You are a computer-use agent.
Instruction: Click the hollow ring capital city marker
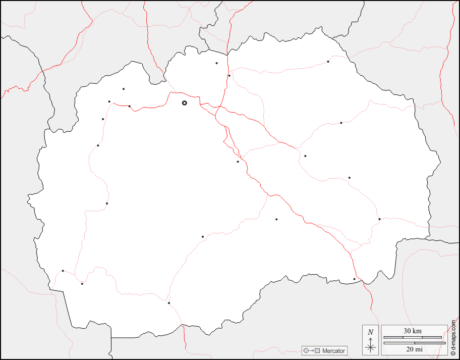point(184,102)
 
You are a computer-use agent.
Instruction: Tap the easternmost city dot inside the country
point(379,219)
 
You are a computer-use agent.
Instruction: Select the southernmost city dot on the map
point(169,303)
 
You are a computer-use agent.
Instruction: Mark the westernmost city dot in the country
point(63,271)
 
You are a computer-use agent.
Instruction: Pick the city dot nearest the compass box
point(354,279)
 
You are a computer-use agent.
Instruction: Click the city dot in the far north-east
point(328,62)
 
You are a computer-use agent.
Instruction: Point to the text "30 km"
point(413,331)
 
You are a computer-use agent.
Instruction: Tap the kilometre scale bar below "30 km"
point(413,337)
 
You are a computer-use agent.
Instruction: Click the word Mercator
point(334,350)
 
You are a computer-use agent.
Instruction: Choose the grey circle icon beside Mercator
point(305,350)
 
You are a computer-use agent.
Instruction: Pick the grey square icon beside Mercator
point(317,350)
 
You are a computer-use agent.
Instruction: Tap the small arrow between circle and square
point(311,350)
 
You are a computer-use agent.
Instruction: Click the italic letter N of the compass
point(371,332)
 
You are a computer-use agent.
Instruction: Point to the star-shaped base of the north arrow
point(371,347)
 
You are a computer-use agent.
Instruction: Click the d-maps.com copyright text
point(453,333)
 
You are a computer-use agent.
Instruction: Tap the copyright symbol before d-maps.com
point(453,352)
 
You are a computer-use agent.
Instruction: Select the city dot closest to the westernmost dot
point(82,284)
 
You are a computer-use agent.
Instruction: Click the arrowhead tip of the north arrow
point(371,338)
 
